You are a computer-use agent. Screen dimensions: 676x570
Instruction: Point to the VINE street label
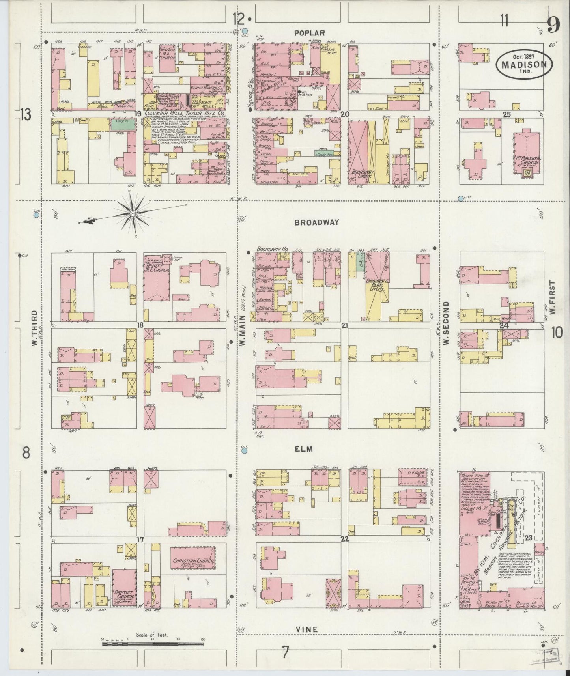[x=307, y=630]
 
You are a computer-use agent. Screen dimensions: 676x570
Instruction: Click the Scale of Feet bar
[x=152, y=644]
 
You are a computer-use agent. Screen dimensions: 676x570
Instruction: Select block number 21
[x=344, y=326]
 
